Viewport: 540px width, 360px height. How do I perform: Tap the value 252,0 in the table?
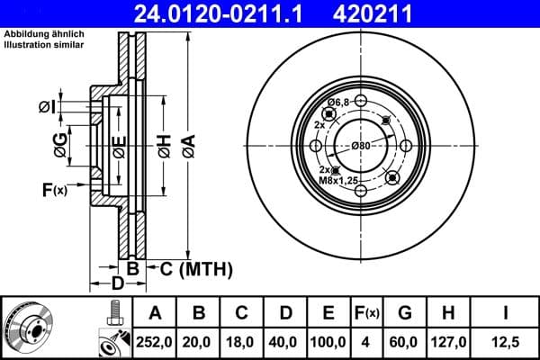click(x=155, y=343)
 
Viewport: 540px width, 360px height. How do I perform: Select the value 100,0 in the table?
click(x=328, y=343)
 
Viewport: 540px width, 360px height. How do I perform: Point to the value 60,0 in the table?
click(x=404, y=343)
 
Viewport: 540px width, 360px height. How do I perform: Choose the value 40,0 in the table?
click(x=285, y=343)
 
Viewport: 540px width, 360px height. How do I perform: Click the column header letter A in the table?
click(x=155, y=314)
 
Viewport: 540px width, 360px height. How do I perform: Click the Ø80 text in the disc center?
click(x=361, y=146)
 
